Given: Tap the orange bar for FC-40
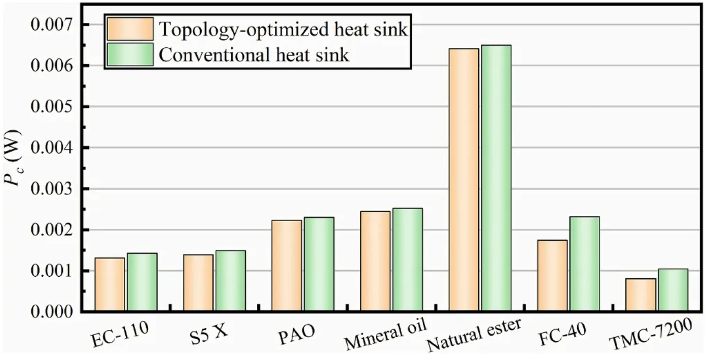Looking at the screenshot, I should (x=553, y=276).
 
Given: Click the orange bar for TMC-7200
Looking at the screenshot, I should (x=640, y=295).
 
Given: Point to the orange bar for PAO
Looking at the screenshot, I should (x=286, y=266).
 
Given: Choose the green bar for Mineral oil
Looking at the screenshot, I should (x=407, y=260).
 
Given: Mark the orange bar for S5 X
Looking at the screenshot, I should (x=198, y=283).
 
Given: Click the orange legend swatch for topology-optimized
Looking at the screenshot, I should (x=130, y=29).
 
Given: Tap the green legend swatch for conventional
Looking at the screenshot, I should (x=130, y=55).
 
